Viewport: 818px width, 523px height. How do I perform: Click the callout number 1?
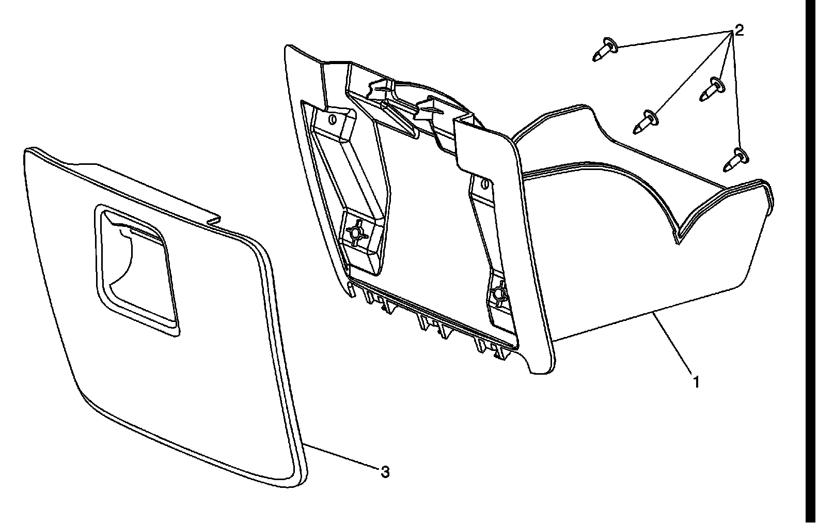pyautogui.click(x=697, y=383)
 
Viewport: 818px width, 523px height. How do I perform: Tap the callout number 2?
pyautogui.click(x=739, y=30)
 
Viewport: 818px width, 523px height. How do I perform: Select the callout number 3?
pyautogui.click(x=385, y=472)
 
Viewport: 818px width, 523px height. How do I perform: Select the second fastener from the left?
pyautogui.click(x=646, y=121)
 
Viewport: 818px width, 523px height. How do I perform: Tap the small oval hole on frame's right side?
pyautogui.click(x=485, y=184)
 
